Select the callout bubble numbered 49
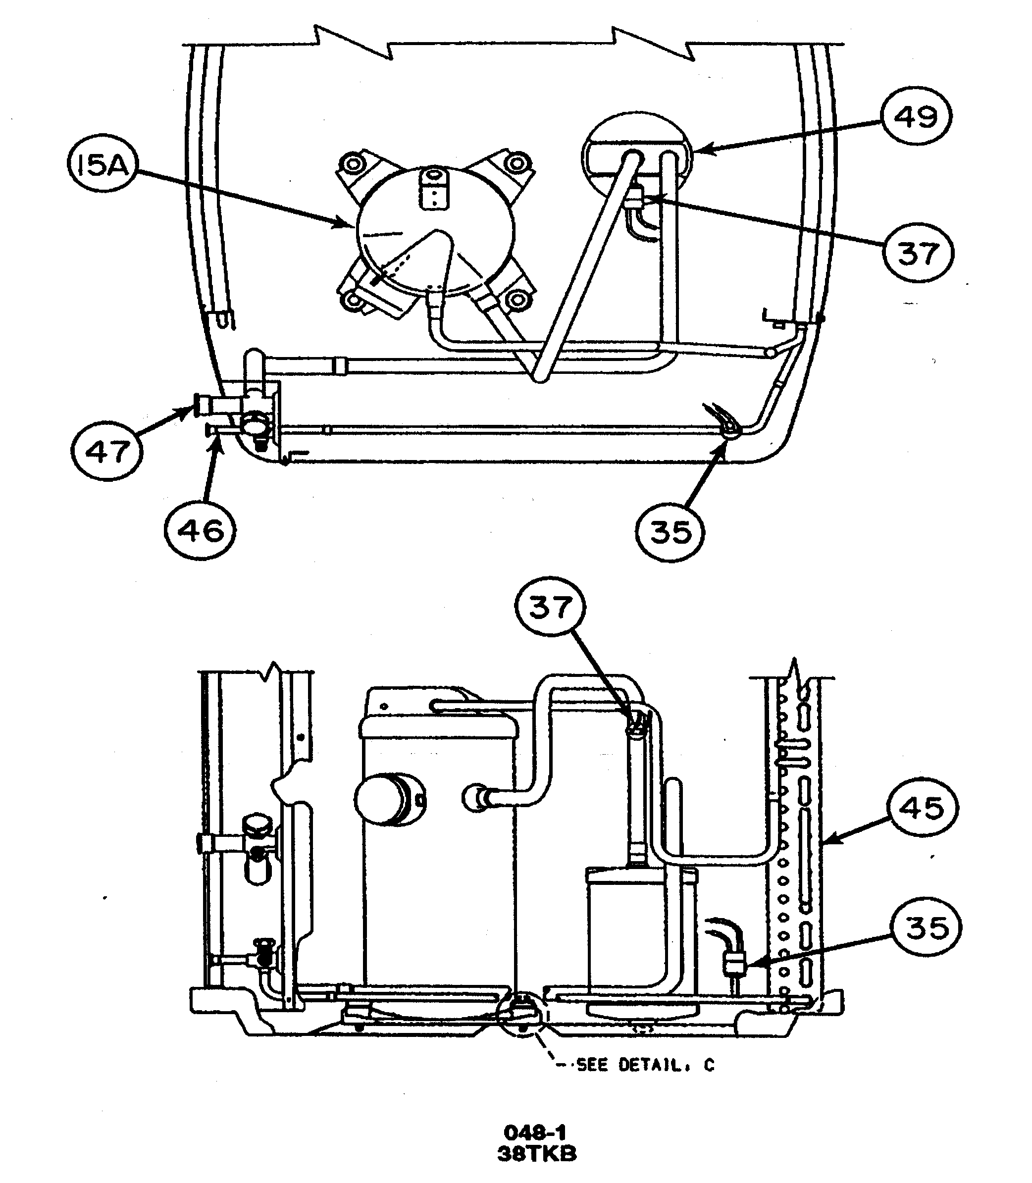pyautogui.click(x=916, y=117)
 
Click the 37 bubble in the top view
pyautogui.click(x=918, y=254)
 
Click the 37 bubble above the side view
pyautogui.click(x=551, y=607)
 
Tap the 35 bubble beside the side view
pyautogui.click(x=926, y=928)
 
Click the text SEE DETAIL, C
pyautogui.click(x=645, y=1066)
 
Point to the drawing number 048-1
pyautogui.click(x=534, y=1133)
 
